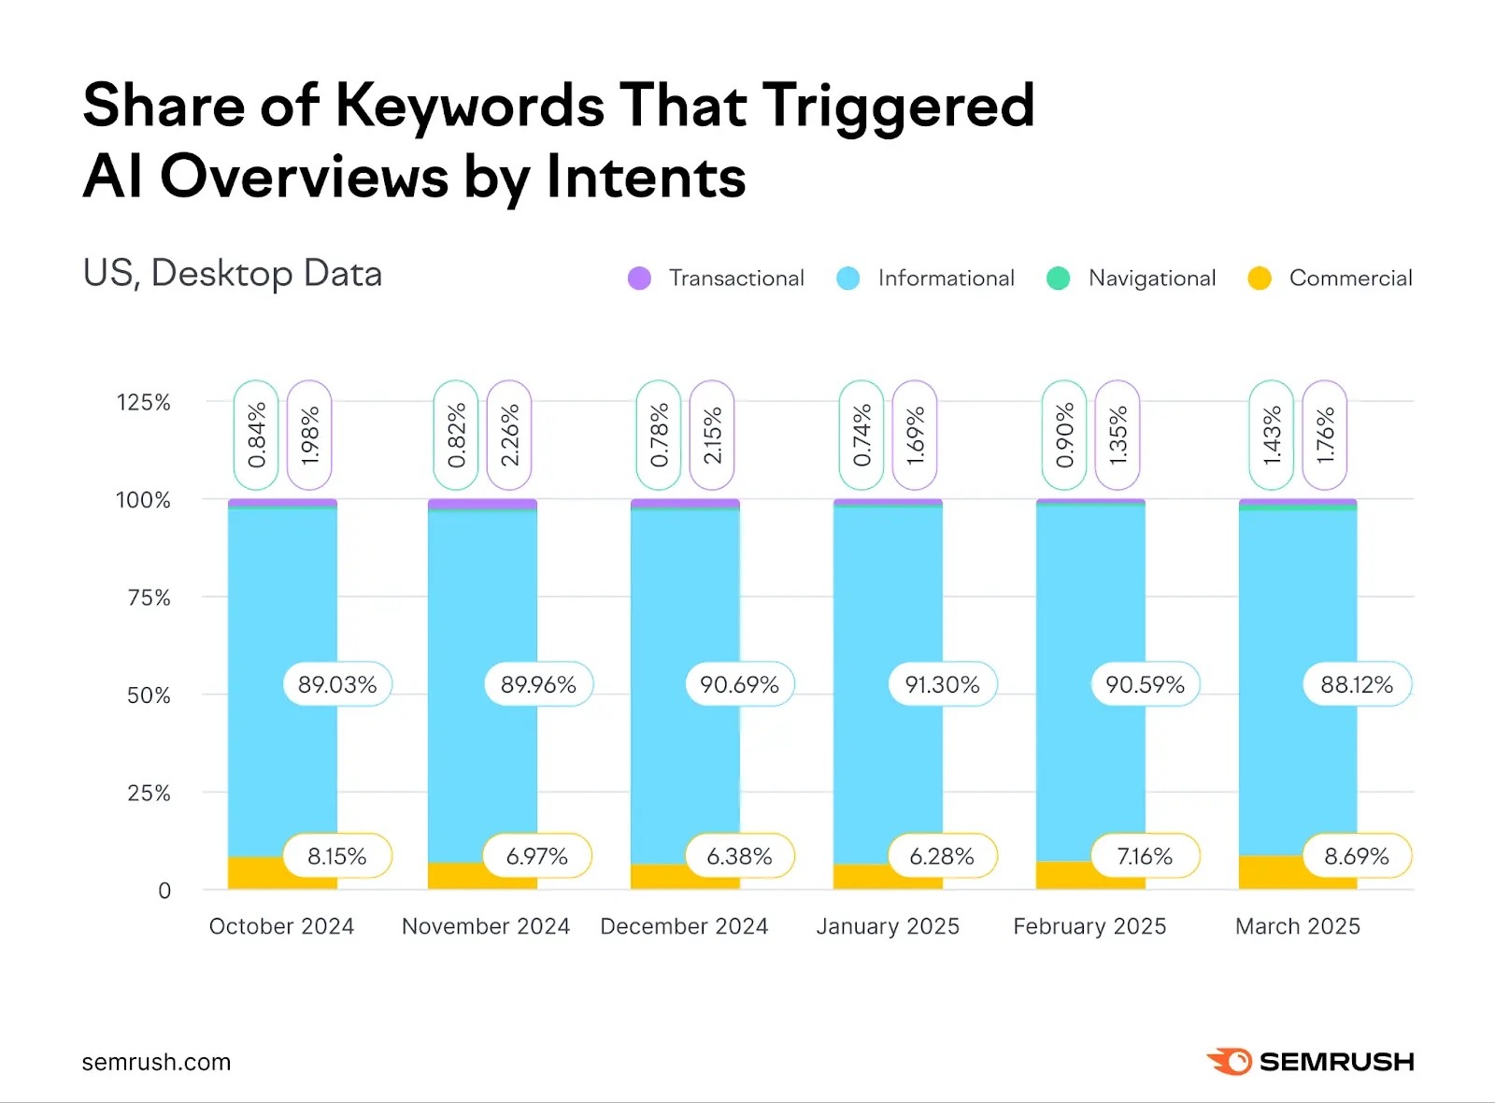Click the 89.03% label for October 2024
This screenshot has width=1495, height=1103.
click(337, 685)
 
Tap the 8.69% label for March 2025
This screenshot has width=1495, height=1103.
click(1356, 856)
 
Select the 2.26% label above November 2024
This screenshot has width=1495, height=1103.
click(509, 436)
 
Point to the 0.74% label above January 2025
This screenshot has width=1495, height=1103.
click(861, 436)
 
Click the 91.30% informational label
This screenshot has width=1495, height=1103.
click(942, 685)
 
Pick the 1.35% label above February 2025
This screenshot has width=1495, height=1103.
click(1118, 436)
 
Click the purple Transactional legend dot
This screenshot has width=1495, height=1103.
click(639, 279)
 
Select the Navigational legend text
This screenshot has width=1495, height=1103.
click(1151, 279)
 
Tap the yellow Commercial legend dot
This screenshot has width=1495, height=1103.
click(1260, 279)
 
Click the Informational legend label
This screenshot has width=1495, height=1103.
click(946, 279)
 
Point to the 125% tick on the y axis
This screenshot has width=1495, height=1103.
click(143, 403)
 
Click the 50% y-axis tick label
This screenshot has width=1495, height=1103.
click(149, 695)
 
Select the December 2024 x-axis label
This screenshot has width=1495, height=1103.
click(684, 926)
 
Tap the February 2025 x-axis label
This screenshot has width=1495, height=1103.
click(1089, 926)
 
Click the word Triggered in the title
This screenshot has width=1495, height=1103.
click(899, 106)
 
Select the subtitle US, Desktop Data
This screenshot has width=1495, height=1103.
click(233, 274)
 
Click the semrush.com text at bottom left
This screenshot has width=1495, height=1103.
click(156, 1063)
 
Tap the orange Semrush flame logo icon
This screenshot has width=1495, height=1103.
click(1230, 1062)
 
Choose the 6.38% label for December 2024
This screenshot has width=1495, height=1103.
click(739, 856)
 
